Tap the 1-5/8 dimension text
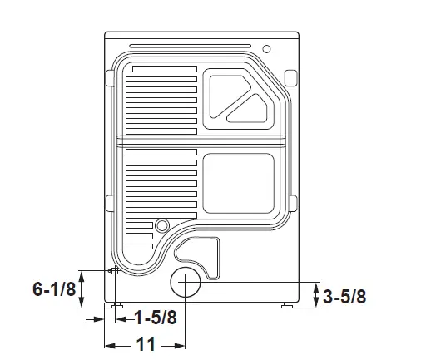(154, 317)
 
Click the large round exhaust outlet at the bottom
(186, 284)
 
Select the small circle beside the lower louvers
(161, 224)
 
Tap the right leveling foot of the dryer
(287, 306)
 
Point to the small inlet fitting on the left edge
(114, 271)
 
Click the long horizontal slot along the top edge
(191, 44)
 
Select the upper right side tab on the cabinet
(290, 77)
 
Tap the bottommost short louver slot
(139, 247)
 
